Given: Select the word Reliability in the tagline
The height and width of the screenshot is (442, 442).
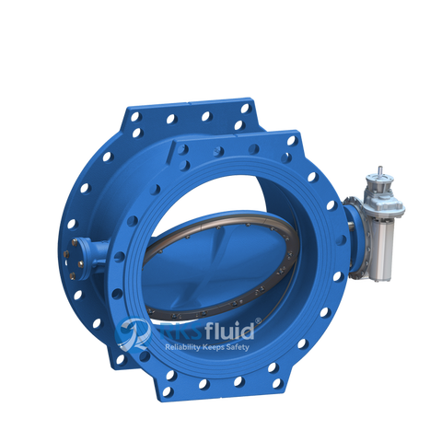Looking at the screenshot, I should point(185,348).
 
